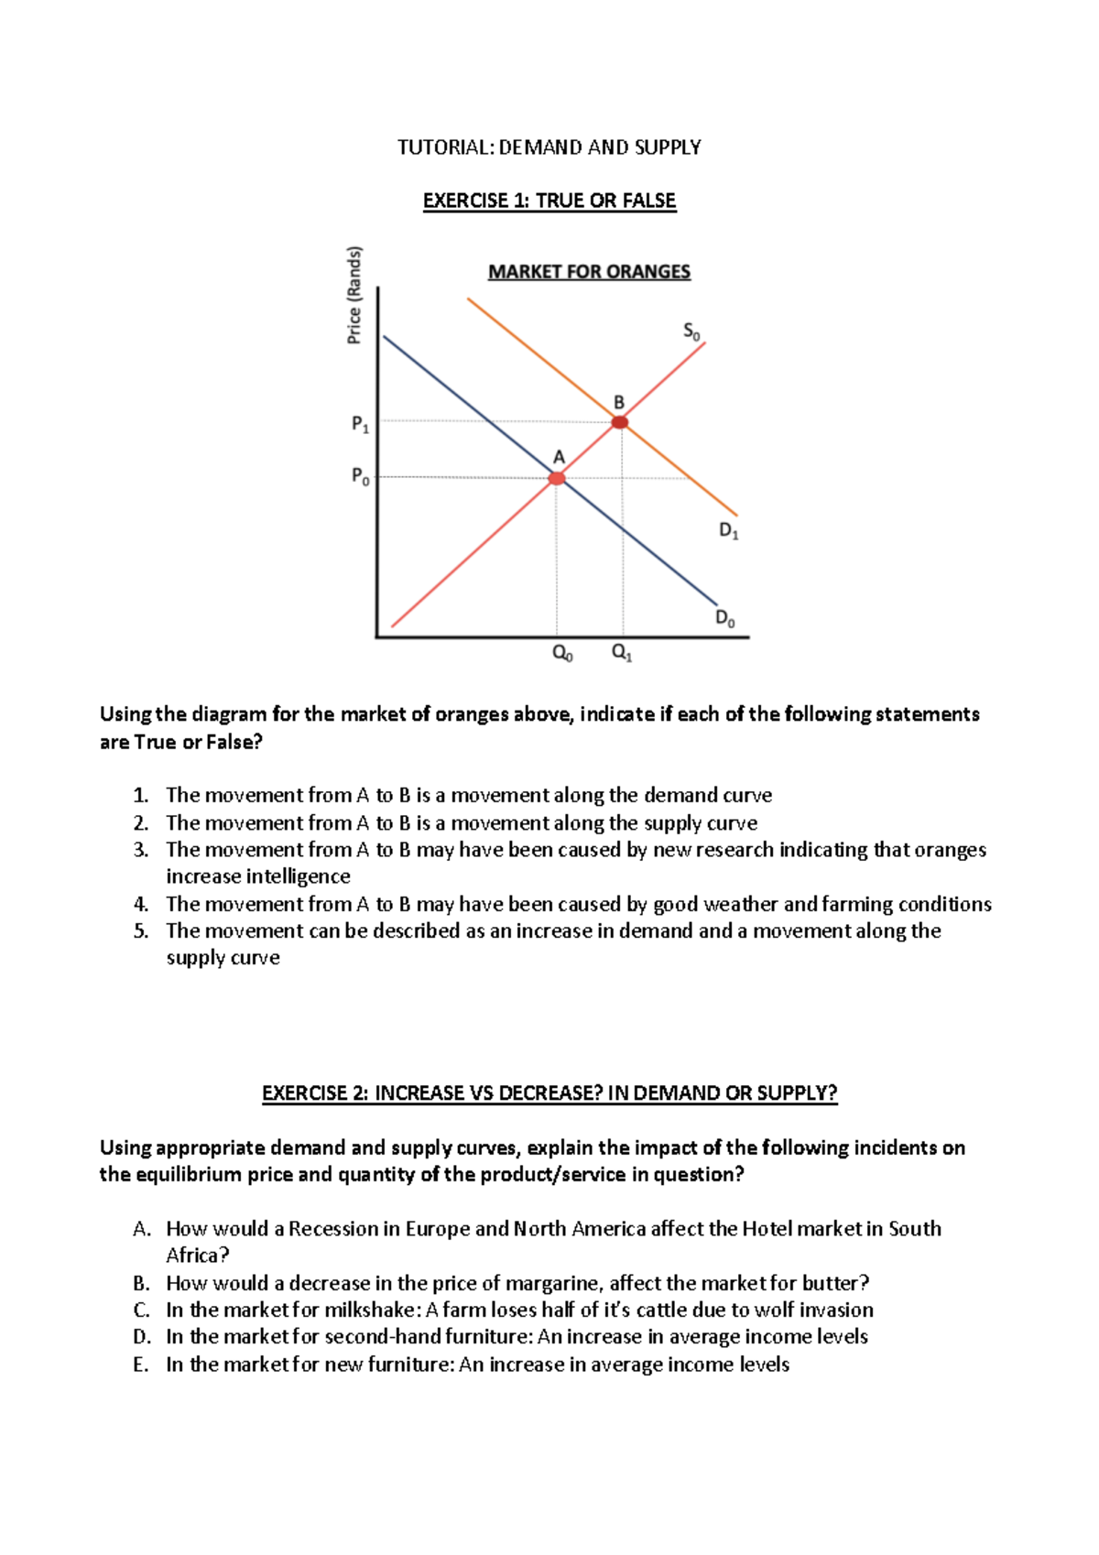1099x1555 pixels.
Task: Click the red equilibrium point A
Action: [557, 478]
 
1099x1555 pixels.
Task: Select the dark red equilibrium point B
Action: [620, 422]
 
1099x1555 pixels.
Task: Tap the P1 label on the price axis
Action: [360, 424]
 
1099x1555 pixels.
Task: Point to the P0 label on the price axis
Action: [360, 476]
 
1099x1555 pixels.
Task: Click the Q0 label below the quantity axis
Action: [562, 653]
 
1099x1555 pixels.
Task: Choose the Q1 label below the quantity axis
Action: [621, 653]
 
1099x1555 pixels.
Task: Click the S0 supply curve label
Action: [691, 332]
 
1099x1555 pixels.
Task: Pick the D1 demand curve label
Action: [728, 530]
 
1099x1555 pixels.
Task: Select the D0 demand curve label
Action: [724, 618]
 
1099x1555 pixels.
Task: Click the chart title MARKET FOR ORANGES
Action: [589, 272]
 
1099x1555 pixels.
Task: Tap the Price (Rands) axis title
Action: [354, 295]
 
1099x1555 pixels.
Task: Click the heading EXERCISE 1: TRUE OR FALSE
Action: [549, 201]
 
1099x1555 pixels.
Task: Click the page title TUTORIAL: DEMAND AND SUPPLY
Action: [549, 147]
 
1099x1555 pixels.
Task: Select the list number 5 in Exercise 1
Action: [140, 931]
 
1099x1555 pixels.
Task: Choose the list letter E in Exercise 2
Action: [140, 1365]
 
